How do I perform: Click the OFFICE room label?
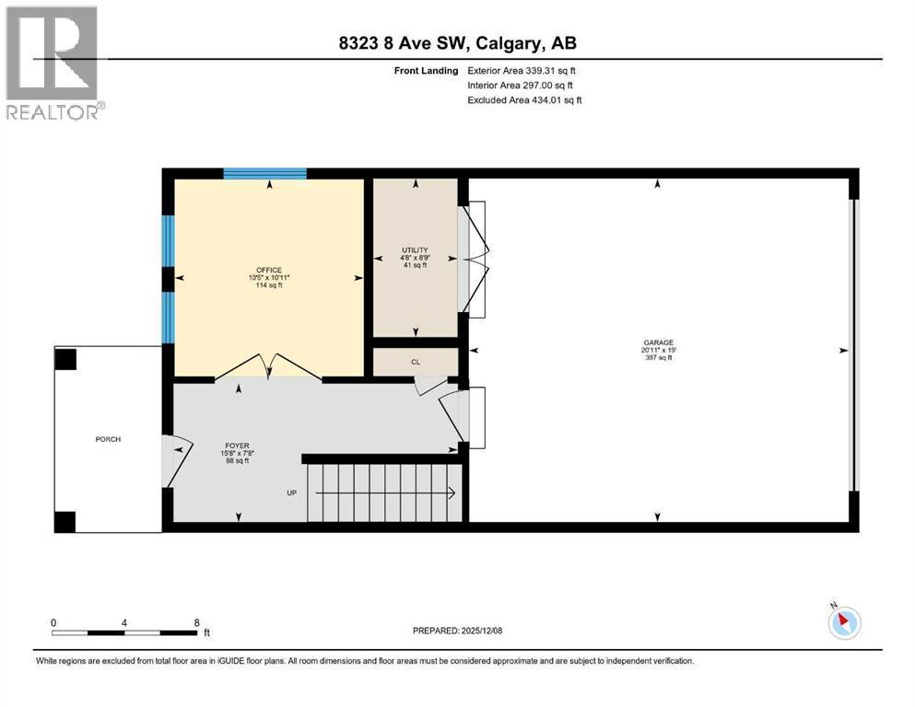[269, 270]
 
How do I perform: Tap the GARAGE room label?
[658, 342]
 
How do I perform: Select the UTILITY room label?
[415, 250]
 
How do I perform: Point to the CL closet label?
[416, 362]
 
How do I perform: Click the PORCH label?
[108, 439]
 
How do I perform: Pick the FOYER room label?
[238, 446]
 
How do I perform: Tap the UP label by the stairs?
[292, 493]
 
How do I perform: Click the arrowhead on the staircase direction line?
[452, 493]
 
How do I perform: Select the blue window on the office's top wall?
[265, 174]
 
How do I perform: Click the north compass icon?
[844, 622]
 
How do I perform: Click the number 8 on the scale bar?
[196, 622]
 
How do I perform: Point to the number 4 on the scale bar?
[124, 622]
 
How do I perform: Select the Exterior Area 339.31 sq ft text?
[522, 71]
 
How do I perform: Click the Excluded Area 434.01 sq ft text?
[524, 99]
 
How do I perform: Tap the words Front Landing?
[426, 71]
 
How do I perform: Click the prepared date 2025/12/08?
[481, 631]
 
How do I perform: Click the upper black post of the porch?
[65, 359]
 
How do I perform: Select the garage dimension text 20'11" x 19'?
[658, 351]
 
